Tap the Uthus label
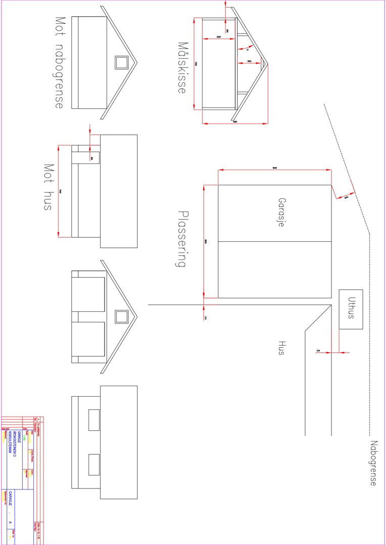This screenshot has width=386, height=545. click(351, 309)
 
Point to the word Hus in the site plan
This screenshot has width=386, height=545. click(281, 348)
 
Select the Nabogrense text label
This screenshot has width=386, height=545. click(373, 463)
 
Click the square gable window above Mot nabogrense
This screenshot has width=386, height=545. click(121, 63)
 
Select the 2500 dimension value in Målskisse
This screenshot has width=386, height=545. click(219, 37)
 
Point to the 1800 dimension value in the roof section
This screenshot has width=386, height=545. click(250, 62)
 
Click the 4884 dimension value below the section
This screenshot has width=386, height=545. click(235, 122)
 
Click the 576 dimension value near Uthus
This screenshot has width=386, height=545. click(318, 350)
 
